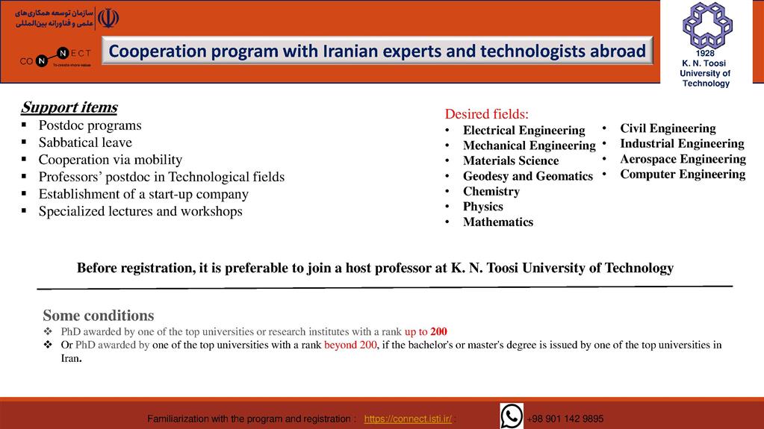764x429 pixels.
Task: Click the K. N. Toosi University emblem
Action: [707, 26]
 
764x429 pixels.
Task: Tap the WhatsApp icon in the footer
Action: [512, 416]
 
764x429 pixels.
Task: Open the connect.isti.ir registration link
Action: [408, 419]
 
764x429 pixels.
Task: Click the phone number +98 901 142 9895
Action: [565, 419]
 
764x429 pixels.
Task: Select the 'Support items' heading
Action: [69, 107]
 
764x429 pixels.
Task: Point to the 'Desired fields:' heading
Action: [487, 114]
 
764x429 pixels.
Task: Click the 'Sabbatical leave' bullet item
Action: [85, 143]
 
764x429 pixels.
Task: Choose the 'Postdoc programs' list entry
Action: [90, 125]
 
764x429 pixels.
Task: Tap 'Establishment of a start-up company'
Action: [143, 194]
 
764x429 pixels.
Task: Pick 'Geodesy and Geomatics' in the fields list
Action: [528, 176]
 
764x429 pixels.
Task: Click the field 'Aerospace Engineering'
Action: [683, 159]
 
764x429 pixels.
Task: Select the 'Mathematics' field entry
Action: [498, 222]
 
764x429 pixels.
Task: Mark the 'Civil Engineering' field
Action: [668, 128]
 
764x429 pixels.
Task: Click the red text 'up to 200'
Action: [426, 331]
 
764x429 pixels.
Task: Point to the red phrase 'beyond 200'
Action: [350, 345]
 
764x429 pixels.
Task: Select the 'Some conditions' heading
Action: [99, 316]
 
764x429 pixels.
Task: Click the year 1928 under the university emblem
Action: [705, 54]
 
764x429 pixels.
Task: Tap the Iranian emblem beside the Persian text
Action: [108, 19]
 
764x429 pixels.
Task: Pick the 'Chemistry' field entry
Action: [491, 191]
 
